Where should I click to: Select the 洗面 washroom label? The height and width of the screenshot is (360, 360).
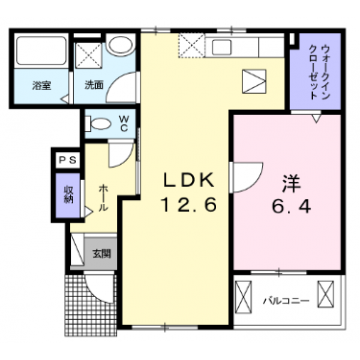click(x=93, y=86)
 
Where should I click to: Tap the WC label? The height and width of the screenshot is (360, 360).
click(x=124, y=125)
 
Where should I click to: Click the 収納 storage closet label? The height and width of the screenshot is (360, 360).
click(x=67, y=190)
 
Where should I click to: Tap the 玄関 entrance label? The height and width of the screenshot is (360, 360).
click(x=102, y=254)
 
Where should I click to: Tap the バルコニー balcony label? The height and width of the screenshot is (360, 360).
click(x=283, y=299)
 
